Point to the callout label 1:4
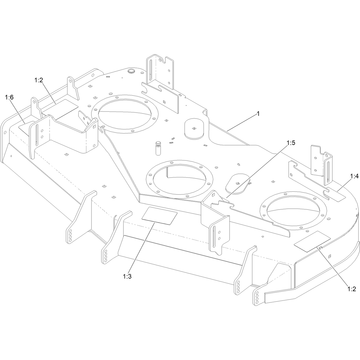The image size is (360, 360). (354, 176)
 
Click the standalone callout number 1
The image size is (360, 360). (258, 114)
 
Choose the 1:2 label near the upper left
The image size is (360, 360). (39, 80)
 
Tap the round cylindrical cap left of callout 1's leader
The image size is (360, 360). (194, 128)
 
